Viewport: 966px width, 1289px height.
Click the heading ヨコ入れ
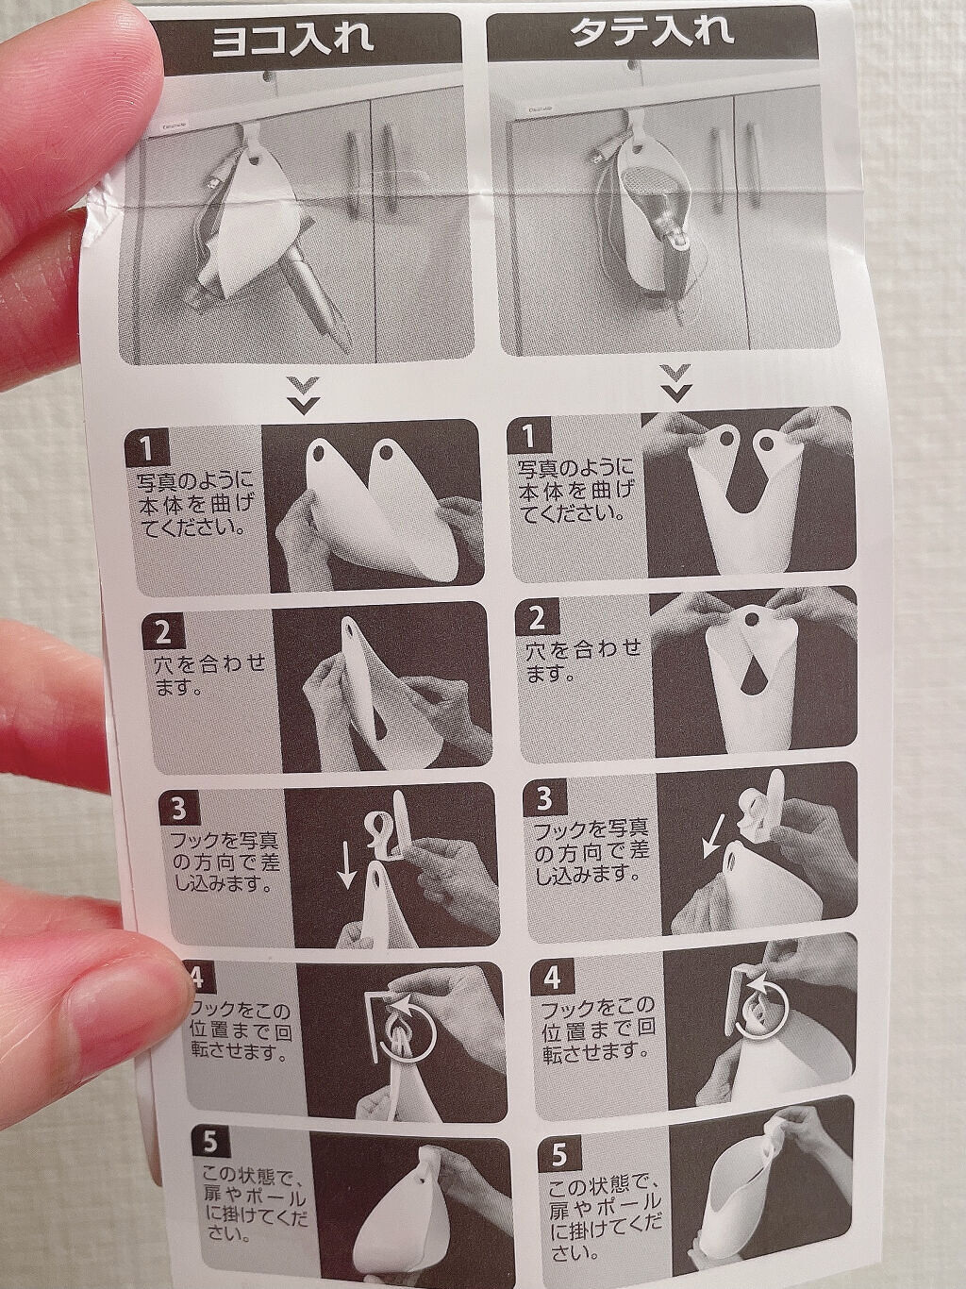[x=291, y=41]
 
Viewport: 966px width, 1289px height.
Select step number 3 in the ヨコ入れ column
[x=179, y=808]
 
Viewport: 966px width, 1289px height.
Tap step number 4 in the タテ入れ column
[x=551, y=979]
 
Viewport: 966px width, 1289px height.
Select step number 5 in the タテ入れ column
[x=559, y=1156]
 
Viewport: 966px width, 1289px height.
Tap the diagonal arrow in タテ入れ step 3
[x=713, y=845]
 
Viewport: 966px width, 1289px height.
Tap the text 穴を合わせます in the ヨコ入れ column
[x=210, y=676]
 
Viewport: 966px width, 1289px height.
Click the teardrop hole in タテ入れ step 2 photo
[x=749, y=682]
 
